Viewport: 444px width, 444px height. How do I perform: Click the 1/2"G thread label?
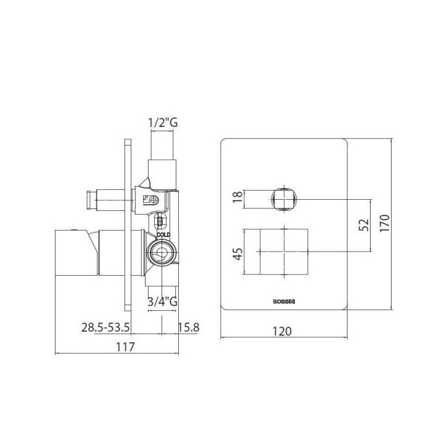pos(163,123)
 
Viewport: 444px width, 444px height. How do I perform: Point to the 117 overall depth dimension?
pos(125,347)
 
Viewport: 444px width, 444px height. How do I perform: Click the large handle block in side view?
pos(77,253)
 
